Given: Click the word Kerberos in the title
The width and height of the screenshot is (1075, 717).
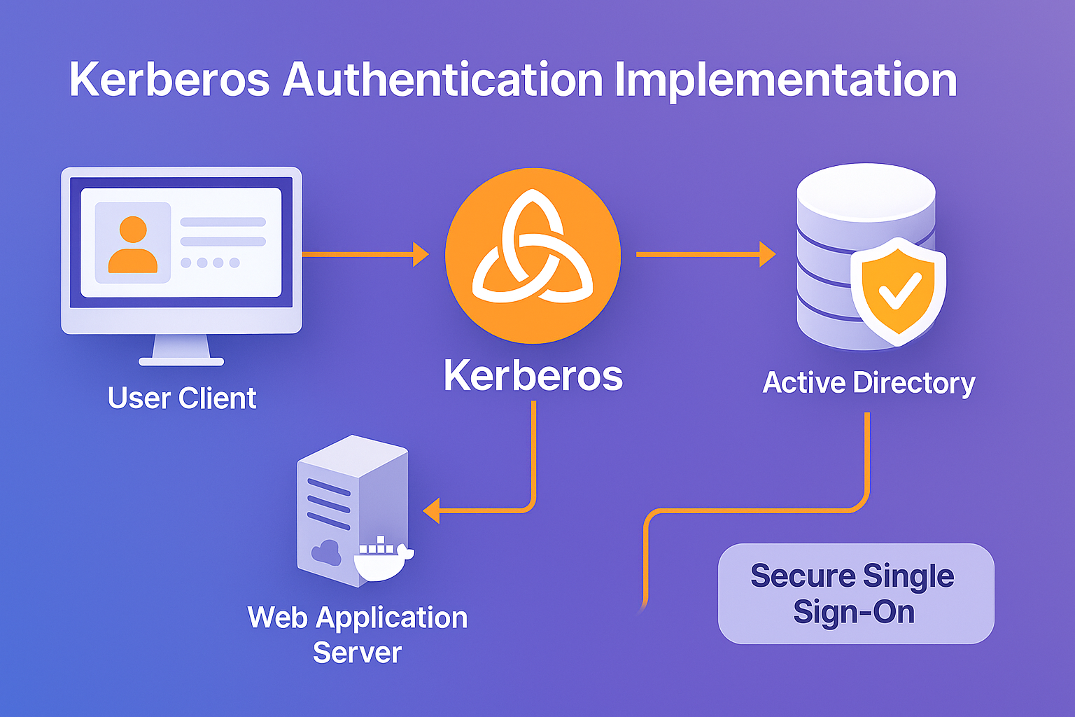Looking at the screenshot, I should point(169,80).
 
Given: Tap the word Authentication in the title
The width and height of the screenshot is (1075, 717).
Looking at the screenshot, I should point(442,80).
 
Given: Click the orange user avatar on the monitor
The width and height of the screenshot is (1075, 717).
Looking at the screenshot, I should point(132,245).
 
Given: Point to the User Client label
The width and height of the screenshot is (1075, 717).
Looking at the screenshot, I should point(182,398).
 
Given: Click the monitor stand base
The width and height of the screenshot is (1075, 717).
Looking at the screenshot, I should point(181,361).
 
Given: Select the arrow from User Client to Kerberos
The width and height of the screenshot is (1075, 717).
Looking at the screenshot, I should point(364,254).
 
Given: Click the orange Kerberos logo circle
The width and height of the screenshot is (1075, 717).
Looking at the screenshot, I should point(533,256).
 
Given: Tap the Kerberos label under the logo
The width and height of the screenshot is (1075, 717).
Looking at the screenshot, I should point(533,376).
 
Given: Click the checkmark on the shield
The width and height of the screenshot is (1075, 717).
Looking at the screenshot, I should point(899,291).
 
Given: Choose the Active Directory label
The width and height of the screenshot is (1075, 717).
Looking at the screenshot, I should point(869,383).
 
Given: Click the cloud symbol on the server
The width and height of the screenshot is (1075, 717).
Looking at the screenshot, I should point(325,552).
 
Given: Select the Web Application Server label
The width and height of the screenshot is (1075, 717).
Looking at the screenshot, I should point(357,634).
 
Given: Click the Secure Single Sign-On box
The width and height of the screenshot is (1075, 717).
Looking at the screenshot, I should point(855,594).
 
